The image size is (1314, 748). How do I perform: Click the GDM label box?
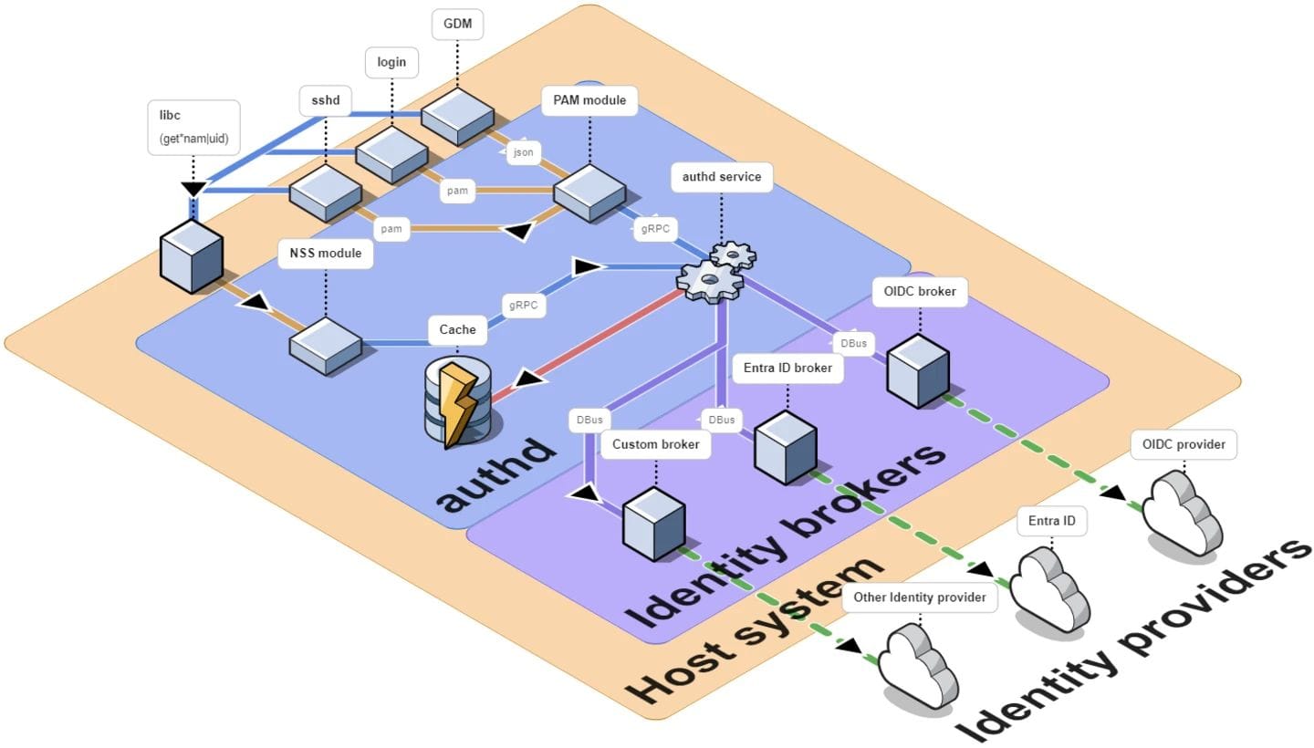(457, 25)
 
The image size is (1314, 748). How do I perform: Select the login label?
(391, 63)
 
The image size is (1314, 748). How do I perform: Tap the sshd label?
(326, 100)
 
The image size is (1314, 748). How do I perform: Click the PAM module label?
(589, 100)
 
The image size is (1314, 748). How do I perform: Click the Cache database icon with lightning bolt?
(458, 403)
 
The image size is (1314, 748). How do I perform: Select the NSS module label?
(326, 253)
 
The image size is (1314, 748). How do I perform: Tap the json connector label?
(523, 152)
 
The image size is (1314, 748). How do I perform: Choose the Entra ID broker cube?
(785, 447)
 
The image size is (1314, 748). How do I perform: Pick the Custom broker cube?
(654, 524)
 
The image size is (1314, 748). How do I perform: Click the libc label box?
(193, 126)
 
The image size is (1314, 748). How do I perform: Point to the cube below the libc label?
(193, 255)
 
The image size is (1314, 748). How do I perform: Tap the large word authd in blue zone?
(497, 475)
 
